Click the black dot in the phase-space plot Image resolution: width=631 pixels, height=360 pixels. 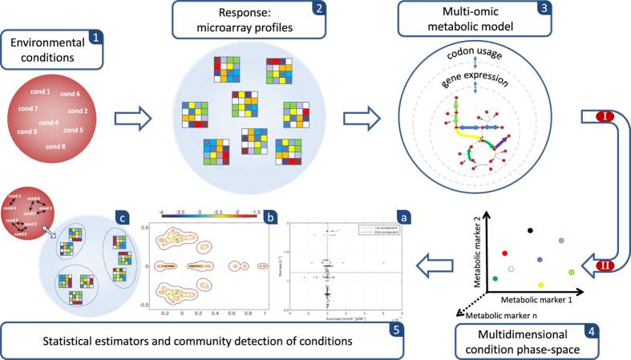coord(530,231)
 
